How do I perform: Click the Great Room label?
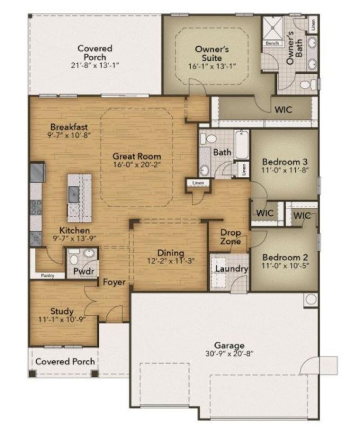[x=137, y=156]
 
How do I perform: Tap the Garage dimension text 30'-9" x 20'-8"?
[x=229, y=355]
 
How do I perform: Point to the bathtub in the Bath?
[x=242, y=145]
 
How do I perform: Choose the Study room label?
[x=62, y=311]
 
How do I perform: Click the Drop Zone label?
[x=231, y=237]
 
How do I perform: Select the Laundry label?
[x=231, y=269]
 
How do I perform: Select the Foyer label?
[x=114, y=282]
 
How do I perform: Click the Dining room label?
[x=170, y=253]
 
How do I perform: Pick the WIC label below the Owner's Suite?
[x=283, y=110]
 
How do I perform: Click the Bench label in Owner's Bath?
[x=273, y=43]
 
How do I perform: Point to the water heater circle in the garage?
[x=310, y=300]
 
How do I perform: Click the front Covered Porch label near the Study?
[x=65, y=361]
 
